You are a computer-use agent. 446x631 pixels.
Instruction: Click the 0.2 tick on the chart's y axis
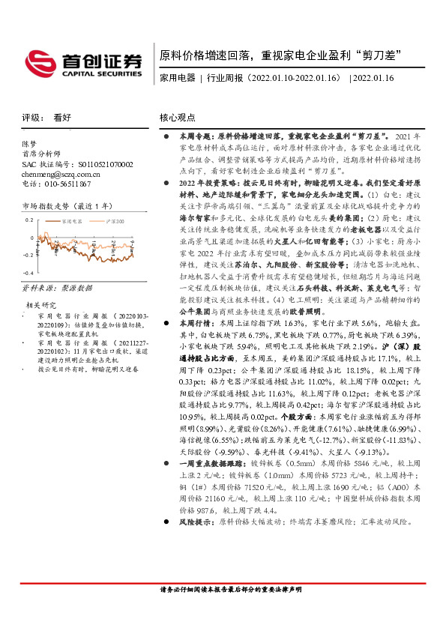coord(28,220)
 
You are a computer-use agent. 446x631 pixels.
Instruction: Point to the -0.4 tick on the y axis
coord(27,274)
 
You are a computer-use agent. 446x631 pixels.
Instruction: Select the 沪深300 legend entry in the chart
coord(114,222)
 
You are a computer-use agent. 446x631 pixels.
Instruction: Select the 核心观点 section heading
coord(178,118)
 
